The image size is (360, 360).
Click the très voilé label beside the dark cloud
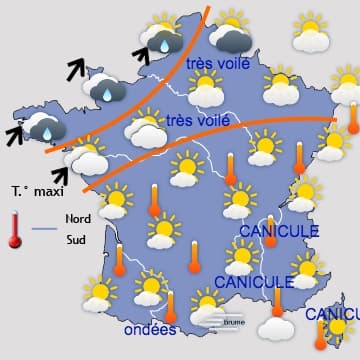point(214,64)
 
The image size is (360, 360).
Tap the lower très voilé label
point(193,121)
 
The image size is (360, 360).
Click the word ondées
point(150,330)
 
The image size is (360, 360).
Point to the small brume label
point(234,322)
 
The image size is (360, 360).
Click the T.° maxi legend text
point(35,190)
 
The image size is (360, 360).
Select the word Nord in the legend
point(78,218)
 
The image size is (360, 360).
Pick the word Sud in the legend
point(76,239)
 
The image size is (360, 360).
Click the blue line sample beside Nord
point(44,229)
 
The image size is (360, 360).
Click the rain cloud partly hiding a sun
point(162,37)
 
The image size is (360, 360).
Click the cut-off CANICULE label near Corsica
point(331,314)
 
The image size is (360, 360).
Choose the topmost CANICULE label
point(278,231)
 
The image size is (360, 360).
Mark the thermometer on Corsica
point(321,334)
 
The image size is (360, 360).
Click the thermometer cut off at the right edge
point(353,118)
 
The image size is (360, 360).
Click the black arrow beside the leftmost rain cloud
point(16,135)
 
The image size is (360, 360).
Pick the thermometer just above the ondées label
point(171,305)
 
